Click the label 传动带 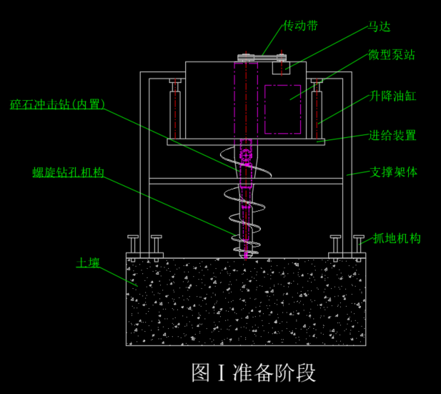(300, 26)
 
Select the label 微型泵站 (391, 54)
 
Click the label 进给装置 (392, 135)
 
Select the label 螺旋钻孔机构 (69, 172)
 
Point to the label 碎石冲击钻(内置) (57, 105)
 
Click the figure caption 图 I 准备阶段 (253, 372)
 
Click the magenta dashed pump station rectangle (283, 109)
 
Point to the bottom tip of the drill (246, 255)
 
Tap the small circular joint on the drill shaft (246, 154)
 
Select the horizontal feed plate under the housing (246, 142)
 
